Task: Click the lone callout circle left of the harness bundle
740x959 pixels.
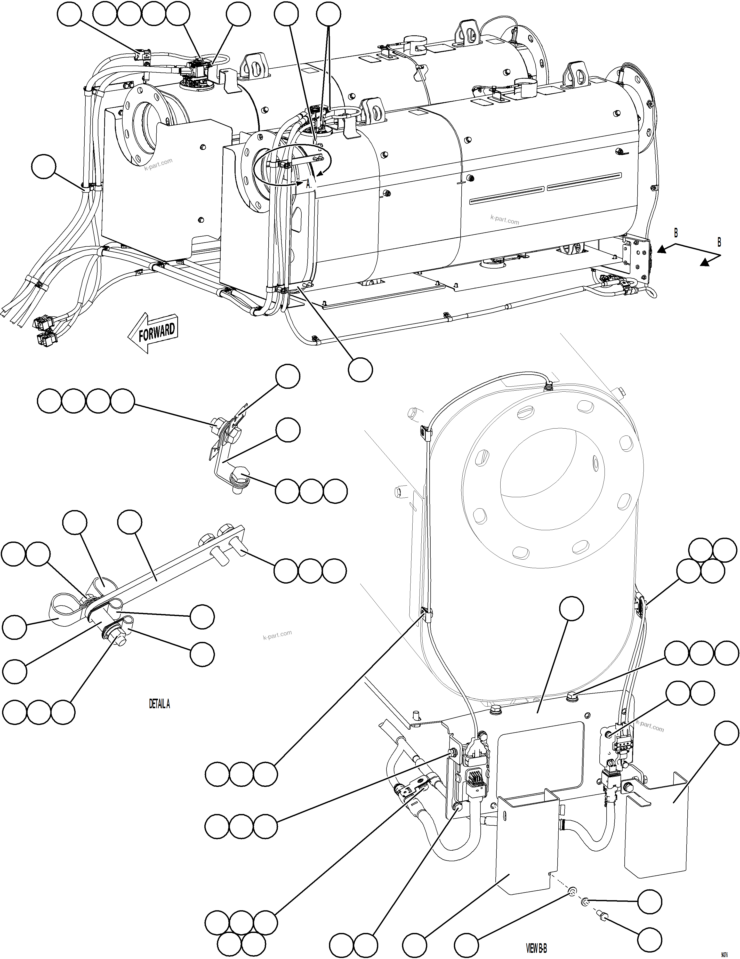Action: (44, 166)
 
